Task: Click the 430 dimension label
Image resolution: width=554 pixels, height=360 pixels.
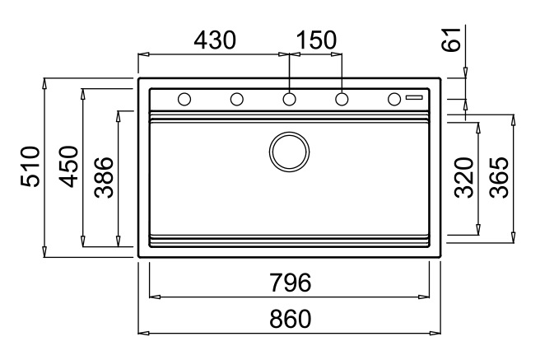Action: [x=215, y=40]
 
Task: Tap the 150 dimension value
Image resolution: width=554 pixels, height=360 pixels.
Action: [x=316, y=40]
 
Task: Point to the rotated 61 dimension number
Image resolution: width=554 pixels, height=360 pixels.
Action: [x=452, y=40]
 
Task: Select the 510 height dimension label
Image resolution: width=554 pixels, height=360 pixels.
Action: [x=30, y=166]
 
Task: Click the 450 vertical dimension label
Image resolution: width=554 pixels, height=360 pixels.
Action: [x=68, y=166]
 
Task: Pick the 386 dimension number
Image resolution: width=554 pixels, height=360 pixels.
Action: [x=105, y=177]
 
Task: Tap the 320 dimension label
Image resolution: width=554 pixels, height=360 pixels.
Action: [x=464, y=178]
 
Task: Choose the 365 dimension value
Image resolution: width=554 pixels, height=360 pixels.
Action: [x=499, y=178]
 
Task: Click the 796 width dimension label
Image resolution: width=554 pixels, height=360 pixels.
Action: [x=290, y=283]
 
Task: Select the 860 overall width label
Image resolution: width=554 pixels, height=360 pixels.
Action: [x=290, y=319]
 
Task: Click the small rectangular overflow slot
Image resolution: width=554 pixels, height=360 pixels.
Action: [x=414, y=97]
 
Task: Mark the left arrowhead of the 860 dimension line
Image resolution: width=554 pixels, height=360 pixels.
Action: [x=142, y=333]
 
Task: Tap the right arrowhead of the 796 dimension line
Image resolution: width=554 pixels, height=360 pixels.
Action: [x=424, y=297]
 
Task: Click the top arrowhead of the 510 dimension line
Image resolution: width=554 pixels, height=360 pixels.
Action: [x=44, y=83]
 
